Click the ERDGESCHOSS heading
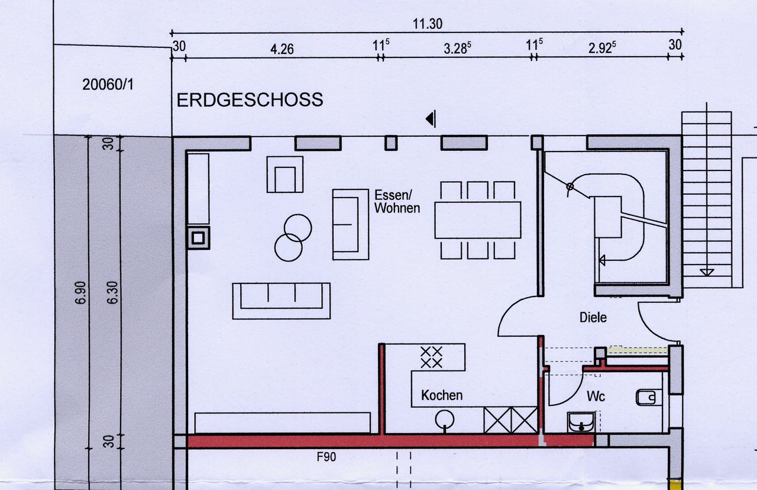pos(250,100)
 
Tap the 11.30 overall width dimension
pos(428,24)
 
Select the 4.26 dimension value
pos(282,49)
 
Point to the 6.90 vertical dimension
pos(81,292)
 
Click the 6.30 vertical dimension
pos(112,292)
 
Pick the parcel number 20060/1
pos(108,85)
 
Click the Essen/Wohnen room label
pos(397,202)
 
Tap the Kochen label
pos(442,395)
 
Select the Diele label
pos(593,318)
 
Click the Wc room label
pos(596,396)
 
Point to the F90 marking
pos(326,457)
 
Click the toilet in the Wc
pos(646,397)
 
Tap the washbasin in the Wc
pos(581,422)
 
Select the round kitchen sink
pos(444,420)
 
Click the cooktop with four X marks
pos(431,357)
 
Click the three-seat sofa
pos(281,301)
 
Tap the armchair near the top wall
pos(285,175)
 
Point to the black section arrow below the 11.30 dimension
pos(431,119)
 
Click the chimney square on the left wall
pos(198,238)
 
